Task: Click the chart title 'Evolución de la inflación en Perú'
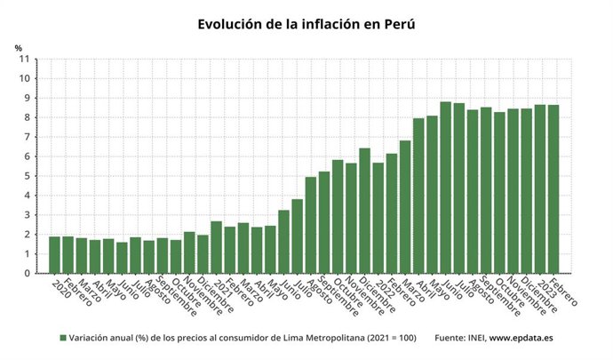point(306,24)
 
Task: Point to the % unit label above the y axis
point(18,47)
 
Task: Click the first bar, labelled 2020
point(54,255)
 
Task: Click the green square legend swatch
point(63,339)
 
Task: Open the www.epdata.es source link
point(525,339)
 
